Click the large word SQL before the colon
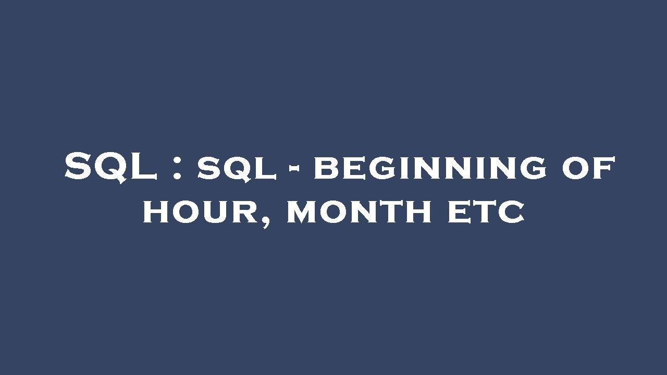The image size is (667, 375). [x=111, y=168]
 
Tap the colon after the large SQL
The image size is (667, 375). [x=178, y=168]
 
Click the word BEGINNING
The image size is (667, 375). [x=430, y=169]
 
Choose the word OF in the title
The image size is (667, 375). [x=589, y=168]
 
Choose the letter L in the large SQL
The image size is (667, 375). [x=144, y=168]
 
